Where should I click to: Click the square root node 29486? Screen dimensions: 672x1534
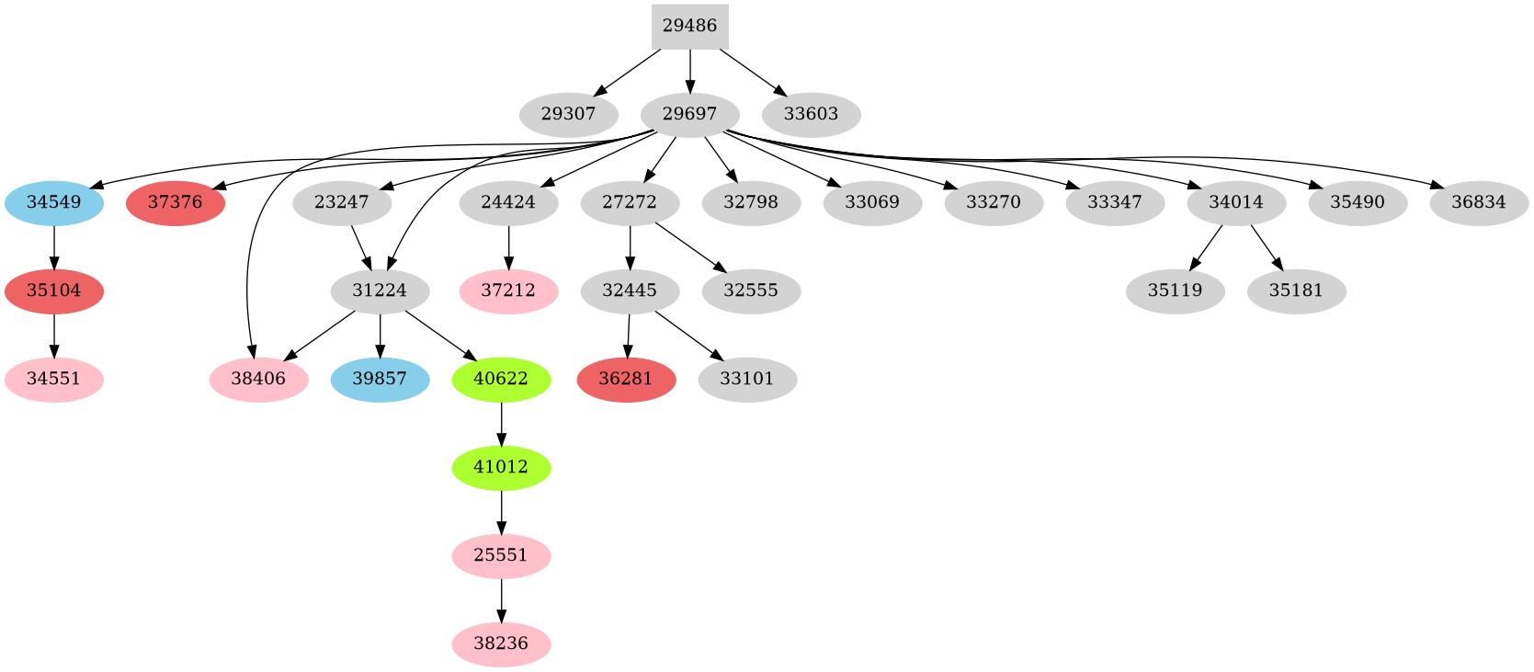(689, 26)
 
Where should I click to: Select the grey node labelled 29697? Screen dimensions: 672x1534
(689, 115)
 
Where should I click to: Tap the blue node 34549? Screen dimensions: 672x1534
(54, 202)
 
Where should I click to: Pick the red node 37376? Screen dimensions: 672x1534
(175, 202)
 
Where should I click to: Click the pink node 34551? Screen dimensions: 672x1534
(54, 379)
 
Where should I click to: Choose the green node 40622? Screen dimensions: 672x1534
(501, 379)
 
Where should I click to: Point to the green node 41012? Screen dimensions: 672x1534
(501, 467)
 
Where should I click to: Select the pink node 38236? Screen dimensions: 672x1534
(501, 644)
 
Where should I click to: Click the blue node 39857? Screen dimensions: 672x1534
(380, 379)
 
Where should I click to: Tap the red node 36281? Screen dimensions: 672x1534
(626, 379)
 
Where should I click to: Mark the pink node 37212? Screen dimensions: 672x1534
(508, 290)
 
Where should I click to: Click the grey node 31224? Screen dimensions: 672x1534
(380, 290)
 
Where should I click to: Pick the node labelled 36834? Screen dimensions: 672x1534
(1479, 202)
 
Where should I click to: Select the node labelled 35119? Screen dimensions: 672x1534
(1175, 290)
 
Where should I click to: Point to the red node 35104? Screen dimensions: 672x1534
(54, 290)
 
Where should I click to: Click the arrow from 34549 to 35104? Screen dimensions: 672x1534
(54, 246)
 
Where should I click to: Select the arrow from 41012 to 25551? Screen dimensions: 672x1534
(501, 511)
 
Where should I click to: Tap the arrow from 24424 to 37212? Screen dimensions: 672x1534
(508, 246)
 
